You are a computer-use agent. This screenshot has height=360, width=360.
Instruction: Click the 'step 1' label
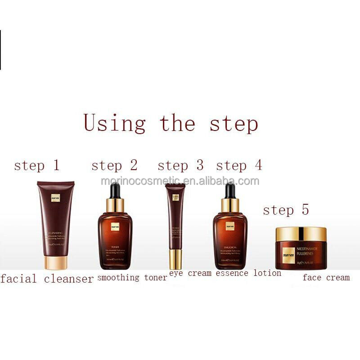[x=36, y=166]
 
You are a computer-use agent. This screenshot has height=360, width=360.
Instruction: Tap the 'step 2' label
[x=114, y=166]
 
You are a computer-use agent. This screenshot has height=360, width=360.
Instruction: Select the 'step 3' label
[x=180, y=166]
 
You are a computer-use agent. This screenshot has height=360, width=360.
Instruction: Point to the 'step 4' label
[x=238, y=166]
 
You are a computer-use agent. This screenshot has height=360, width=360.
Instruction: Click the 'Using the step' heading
[x=171, y=123]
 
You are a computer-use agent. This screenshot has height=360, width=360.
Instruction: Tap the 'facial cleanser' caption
[x=47, y=279]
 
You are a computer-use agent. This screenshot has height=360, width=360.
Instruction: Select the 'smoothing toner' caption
[x=132, y=278]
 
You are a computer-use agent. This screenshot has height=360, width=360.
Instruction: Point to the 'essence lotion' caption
[x=248, y=273]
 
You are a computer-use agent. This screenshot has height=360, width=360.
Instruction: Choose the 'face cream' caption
[x=326, y=278]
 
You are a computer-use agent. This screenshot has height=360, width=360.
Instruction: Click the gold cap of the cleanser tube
[x=56, y=262]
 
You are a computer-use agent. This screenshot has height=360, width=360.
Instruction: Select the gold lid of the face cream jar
[x=301, y=234]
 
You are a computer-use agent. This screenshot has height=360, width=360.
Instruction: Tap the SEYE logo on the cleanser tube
[x=55, y=198]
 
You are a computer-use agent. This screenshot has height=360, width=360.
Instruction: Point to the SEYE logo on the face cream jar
[x=288, y=255]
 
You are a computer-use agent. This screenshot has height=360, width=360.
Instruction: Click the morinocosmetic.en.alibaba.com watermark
[x=180, y=181]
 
